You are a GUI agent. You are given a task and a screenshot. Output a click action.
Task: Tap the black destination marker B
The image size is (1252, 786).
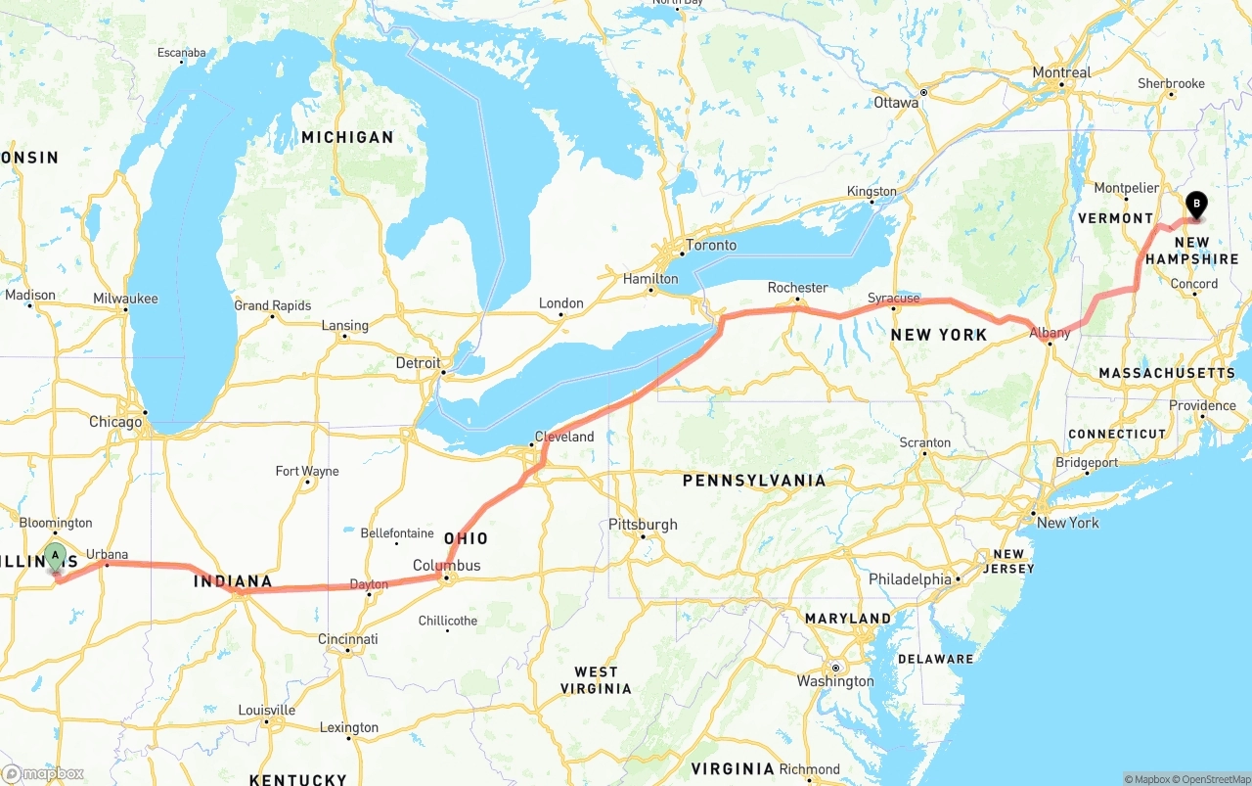(1195, 205)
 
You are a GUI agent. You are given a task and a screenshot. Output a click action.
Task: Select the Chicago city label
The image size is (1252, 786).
(115, 422)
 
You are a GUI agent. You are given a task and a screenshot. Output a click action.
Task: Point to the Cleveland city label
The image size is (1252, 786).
(564, 437)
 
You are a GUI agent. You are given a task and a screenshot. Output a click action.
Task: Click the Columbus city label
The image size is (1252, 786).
(447, 566)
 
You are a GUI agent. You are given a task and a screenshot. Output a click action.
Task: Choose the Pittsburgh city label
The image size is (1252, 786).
(643, 525)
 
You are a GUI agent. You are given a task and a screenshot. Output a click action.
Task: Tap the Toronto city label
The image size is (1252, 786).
(711, 245)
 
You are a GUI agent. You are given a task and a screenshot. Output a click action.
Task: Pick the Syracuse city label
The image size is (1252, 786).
(893, 299)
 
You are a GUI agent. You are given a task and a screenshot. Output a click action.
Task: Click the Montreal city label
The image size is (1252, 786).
(1061, 72)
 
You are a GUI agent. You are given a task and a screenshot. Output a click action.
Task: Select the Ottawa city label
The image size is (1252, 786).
(896, 102)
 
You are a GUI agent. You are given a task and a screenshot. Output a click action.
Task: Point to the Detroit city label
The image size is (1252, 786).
(418, 363)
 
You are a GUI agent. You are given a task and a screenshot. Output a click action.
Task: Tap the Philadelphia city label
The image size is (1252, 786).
(910, 579)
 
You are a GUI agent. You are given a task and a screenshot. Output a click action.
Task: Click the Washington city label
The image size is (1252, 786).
(835, 681)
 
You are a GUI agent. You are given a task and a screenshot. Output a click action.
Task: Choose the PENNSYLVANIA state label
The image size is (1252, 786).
(754, 481)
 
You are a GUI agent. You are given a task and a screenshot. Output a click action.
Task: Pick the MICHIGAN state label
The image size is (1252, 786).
(347, 138)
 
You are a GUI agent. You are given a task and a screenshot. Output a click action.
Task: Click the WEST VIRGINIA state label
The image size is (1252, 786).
(596, 680)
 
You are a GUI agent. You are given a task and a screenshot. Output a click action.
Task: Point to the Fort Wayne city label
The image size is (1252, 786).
(307, 471)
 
